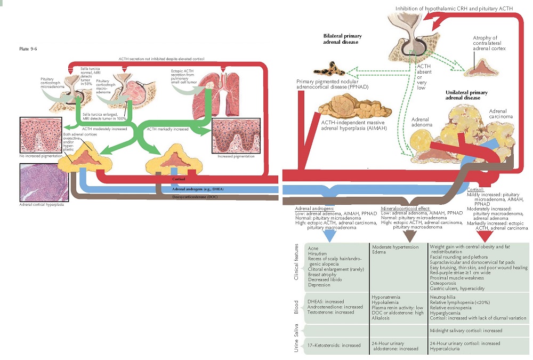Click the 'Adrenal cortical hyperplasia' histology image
pos(38,182)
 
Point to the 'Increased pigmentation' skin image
pos(234,136)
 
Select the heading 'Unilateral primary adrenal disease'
pos(466,95)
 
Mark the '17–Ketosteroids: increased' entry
pos(334,345)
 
